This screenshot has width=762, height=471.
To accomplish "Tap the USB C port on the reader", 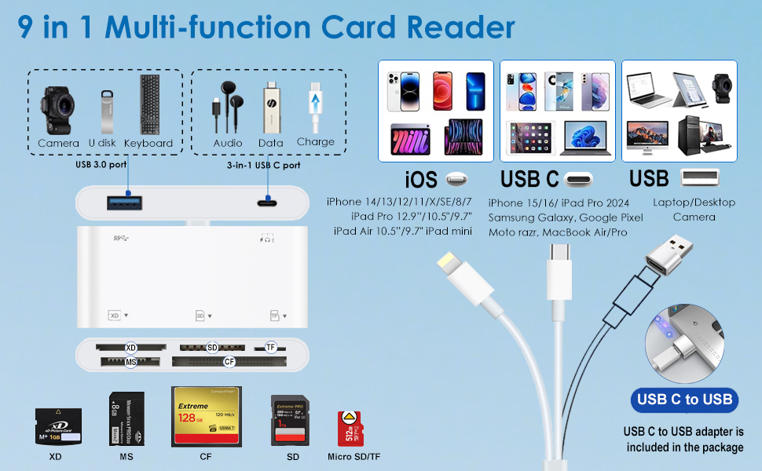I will click(x=269, y=203).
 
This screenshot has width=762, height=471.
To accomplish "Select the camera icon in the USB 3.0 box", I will click(x=58, y=109).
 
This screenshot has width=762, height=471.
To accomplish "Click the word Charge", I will click(x=316, y=142).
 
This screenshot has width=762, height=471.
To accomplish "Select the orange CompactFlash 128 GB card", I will click(x=206, y=416).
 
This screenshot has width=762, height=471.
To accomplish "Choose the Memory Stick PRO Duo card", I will click(x=124, y=419).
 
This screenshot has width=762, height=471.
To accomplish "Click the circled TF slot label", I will click(x=271, y=347).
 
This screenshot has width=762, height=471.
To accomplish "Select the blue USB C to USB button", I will click(x=684, y=400).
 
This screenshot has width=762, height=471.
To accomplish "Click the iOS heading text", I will click(x=420, y=180).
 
